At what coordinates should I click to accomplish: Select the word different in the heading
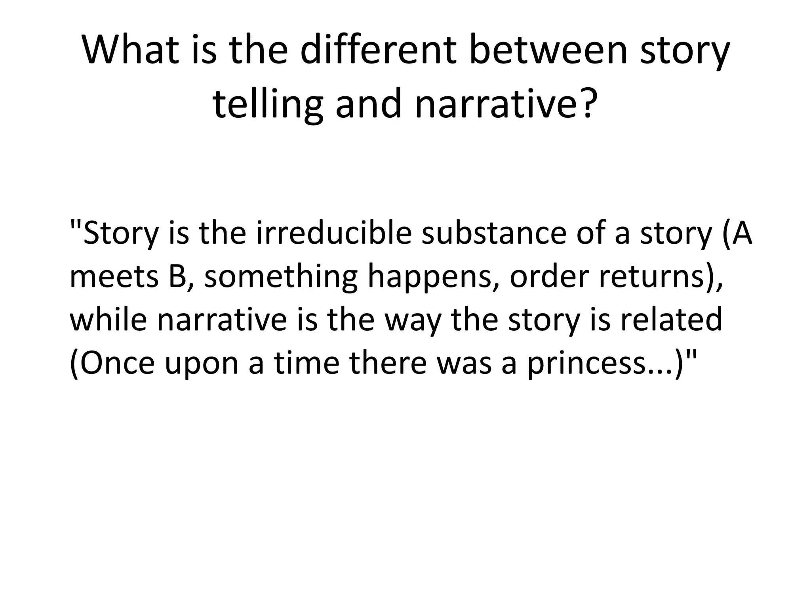click(x=378, y=50)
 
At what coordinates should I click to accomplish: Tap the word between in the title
click(x=548, y=50)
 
